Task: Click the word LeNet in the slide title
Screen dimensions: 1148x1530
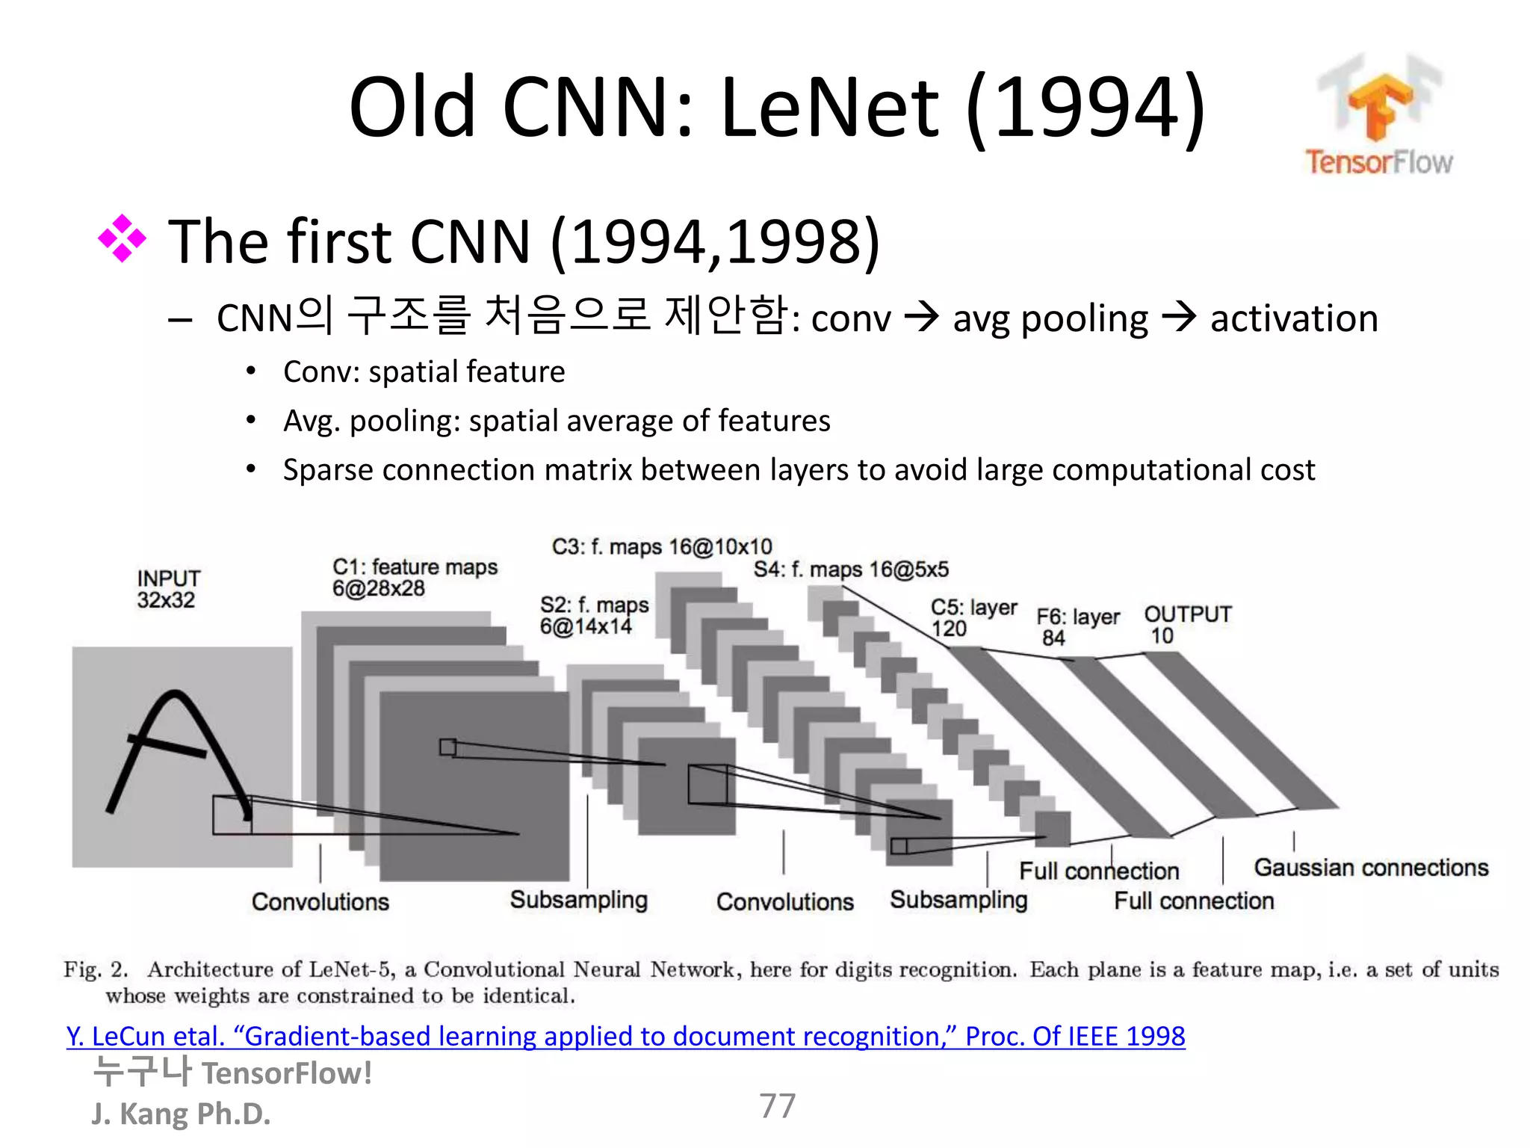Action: pos(829,108)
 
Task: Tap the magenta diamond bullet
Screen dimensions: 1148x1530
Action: pos(122,239)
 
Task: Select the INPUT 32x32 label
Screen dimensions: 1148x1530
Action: pos(168,589)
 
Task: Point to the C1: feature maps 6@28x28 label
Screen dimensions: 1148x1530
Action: pos(415,578)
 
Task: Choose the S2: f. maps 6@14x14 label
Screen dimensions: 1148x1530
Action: pos(594,615)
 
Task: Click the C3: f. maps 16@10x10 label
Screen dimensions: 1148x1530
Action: pos(662,546)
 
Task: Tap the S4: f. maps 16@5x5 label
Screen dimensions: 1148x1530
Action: pos(851,570)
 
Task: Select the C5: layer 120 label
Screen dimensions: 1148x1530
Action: pos(973,617)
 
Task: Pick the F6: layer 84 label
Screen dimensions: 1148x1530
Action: pos(1077,626)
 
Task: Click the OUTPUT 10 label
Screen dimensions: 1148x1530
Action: pos(1187,624)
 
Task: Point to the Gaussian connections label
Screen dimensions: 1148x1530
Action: pos(1371,867)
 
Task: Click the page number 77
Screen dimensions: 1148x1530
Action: pos(778,1105)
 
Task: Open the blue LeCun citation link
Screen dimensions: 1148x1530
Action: pos(625,1036)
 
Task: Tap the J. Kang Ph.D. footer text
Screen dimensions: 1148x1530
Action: pos(181,1114)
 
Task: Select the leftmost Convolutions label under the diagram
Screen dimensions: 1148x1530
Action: pos(320,901)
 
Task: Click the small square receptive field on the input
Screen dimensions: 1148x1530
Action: pos(232,815)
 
